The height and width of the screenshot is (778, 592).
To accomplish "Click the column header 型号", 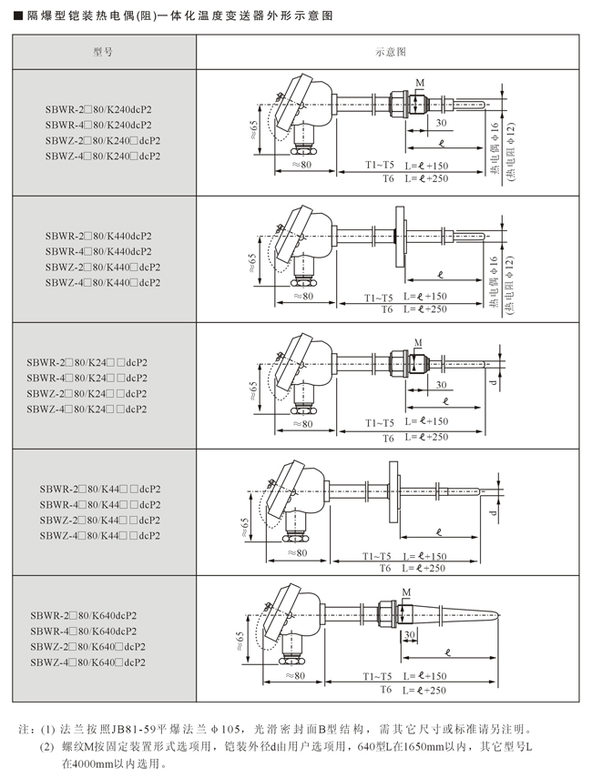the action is [x=103, y=52].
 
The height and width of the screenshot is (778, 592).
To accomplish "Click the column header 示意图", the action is [x=391, y=52].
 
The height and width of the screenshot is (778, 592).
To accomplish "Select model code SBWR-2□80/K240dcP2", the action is [x=98, y=110].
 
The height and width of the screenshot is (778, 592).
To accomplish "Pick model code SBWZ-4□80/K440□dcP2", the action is [x=103, y=282].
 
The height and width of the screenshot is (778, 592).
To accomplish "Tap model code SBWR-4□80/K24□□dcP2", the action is [x=87, y=378].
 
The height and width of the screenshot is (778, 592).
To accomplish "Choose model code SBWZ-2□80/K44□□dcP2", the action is [x=100, y=520].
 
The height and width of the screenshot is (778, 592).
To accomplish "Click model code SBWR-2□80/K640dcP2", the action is [x=84, y=615].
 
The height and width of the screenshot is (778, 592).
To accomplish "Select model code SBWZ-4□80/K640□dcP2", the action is [x=88, y=662].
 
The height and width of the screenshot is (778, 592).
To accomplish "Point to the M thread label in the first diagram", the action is [x=420, y=83].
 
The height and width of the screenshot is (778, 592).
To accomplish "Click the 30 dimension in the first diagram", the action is [x=441, y=122].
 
